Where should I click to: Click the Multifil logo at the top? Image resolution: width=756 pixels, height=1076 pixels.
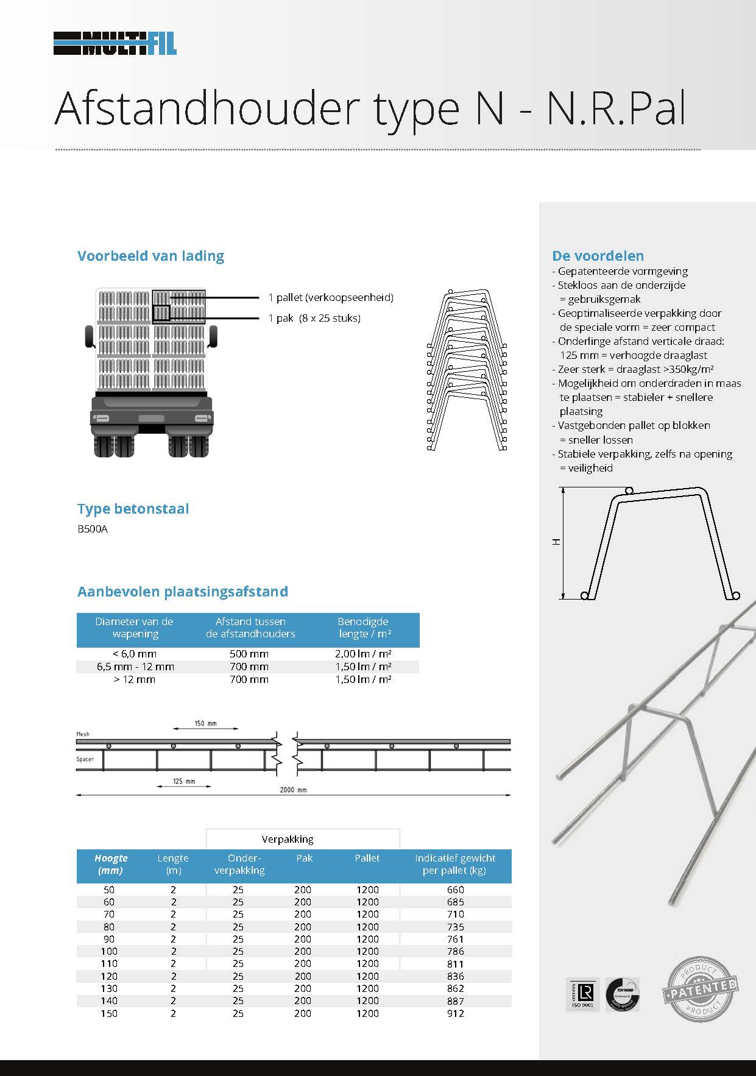click(x=115, y=43)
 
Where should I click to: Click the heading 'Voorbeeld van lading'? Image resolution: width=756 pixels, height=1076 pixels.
click(x=150, y=256)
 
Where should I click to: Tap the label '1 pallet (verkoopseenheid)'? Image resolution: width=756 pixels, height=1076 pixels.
click(x=331, y=297)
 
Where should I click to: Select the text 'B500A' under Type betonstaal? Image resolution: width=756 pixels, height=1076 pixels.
click(x=93, y=529)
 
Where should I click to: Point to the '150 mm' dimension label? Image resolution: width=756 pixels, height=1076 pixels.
click(x=205, y=723)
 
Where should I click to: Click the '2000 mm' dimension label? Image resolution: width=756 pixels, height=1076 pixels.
click(x=293, y=790)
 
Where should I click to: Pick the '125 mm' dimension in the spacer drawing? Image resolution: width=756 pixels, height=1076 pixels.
click(x=183, y=781)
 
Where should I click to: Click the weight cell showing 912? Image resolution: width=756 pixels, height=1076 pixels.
click(x=455, y=1013)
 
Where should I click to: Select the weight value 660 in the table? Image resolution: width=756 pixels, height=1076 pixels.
click(x=455, y=890)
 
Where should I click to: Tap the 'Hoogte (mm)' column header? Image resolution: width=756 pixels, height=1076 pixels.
click(x=111, y=864)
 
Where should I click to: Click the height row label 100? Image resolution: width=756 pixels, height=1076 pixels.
click(x=109, y=951)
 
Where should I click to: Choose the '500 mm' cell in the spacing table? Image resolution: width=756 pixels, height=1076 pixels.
click(x=249, y=654)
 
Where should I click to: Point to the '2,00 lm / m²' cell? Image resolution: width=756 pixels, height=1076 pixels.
click(x=363, y=654)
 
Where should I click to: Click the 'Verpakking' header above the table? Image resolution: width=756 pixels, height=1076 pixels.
click(x=288, y=839)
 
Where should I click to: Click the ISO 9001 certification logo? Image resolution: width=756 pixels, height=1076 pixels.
click(x=583, y=994)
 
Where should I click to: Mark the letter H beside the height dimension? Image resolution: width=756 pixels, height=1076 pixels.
click(x=556, y=542)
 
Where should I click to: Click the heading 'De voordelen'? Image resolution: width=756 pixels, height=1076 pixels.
click(x=598, y=256)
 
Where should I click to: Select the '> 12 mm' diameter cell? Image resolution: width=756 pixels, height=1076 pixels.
click(x=135, y=679)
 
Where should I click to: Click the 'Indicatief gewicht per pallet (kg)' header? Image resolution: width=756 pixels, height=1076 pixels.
click(x=455, y=864)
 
